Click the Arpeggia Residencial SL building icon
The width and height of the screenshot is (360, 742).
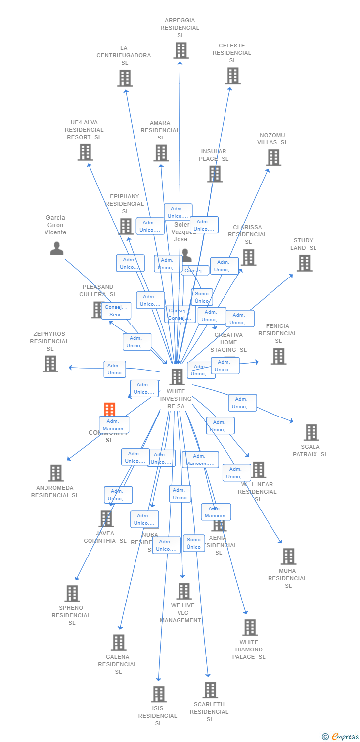point(180,50)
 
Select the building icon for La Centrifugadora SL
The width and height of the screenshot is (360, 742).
point(125,78)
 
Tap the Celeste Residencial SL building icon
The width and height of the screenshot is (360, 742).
point(233,76)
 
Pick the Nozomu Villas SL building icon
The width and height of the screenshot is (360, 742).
point(273,157)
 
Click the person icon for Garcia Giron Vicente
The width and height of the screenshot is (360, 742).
point(57,248)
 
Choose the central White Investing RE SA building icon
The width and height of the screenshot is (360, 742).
point(177,377)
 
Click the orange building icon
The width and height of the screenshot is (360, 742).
point(109,410)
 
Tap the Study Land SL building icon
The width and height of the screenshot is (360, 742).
point(304,263)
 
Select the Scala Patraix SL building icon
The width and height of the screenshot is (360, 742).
point(311,432)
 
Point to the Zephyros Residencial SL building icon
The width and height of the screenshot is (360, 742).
point(50,364)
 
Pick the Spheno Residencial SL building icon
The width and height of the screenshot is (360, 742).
point(72,593)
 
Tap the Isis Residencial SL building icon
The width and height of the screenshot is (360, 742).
point(158,694)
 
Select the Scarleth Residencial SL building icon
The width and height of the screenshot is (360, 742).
point(210,690)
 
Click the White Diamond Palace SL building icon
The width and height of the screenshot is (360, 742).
point(250,627)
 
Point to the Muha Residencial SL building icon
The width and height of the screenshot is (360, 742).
point(288,556)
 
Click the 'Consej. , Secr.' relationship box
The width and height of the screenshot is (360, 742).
point(116,311)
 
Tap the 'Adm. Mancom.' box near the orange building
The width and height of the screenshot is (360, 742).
point(114,425)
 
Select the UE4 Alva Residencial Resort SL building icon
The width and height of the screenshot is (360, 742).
point(85,152)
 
